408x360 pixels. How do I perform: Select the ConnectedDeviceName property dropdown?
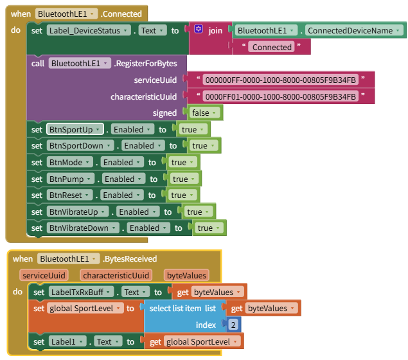[354, 30]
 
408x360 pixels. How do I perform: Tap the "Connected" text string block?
[272, 47]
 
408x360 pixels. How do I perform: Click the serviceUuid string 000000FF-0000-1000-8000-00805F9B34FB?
[279, 80]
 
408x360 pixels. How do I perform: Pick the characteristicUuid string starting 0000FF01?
[279, 96]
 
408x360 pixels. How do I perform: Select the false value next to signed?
[205, 113]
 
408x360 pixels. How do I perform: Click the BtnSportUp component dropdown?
[75, 129]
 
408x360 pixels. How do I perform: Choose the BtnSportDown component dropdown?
[81, 146]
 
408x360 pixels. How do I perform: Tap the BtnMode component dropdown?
[70, 163]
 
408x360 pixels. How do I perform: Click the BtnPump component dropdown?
[70, 179]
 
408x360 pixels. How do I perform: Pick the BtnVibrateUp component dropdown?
[77, 212]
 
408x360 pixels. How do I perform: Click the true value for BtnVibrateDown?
[209, 228]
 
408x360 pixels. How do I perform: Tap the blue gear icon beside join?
[199, 30]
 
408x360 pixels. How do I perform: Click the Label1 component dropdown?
[67, 341]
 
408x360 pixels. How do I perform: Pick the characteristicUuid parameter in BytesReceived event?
[116, 275]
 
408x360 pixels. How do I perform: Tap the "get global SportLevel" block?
[193, 341]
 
